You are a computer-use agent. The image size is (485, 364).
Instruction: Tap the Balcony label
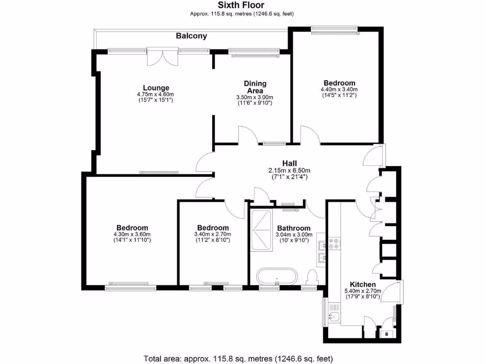191,36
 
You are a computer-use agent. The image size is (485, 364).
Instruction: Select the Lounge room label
156,88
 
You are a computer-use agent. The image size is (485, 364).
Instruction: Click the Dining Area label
255,87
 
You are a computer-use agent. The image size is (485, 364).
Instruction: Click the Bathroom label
294,228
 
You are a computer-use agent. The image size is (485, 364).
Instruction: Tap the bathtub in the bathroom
277,276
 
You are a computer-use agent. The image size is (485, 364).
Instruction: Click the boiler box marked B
386,334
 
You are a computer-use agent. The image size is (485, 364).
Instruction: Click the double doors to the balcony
162,56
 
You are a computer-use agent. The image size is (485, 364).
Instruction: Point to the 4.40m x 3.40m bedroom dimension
339,89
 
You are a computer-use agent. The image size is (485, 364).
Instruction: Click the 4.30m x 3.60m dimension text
132,234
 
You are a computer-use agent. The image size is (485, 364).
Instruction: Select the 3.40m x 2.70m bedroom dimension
213,234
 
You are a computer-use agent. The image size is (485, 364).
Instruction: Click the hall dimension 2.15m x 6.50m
289,171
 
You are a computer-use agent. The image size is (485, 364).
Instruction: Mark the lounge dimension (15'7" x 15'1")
156,100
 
